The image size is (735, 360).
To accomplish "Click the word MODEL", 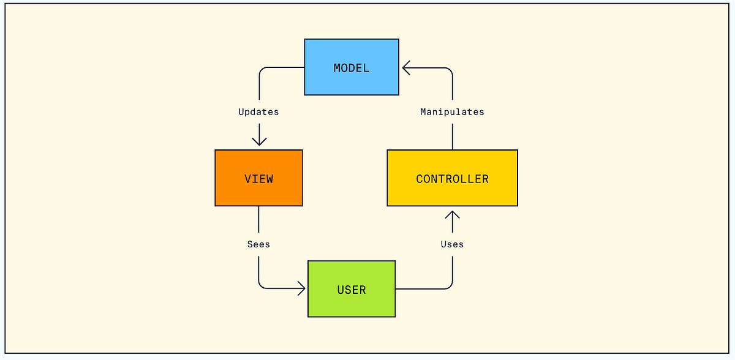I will click(352, 68).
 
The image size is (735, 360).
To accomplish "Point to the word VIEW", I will click(258, 179).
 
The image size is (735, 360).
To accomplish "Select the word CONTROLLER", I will click(452, 179).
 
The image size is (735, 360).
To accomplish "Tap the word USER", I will click(352, 290).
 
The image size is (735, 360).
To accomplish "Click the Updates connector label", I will click(258, 112).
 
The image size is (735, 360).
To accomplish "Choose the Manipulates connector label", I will click(452, 112).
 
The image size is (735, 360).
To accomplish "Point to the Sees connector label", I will click(258, 244).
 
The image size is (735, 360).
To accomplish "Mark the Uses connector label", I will click(452, 244).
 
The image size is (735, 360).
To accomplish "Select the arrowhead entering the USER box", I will click(301, 288).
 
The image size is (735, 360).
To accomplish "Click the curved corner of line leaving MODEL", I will click(262, 71).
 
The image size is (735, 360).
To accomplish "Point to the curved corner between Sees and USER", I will click(262, 285).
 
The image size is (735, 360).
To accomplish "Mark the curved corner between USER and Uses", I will click(449, 285).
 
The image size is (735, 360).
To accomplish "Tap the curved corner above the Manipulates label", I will click(449, 71).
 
